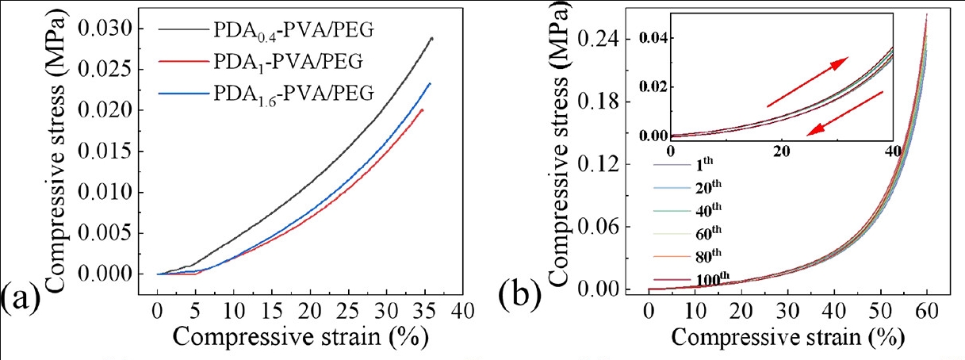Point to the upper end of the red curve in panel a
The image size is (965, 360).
pyautogui.click(x=422, y=109)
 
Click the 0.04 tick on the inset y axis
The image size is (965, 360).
pyautogui.click(x=653, y=38)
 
